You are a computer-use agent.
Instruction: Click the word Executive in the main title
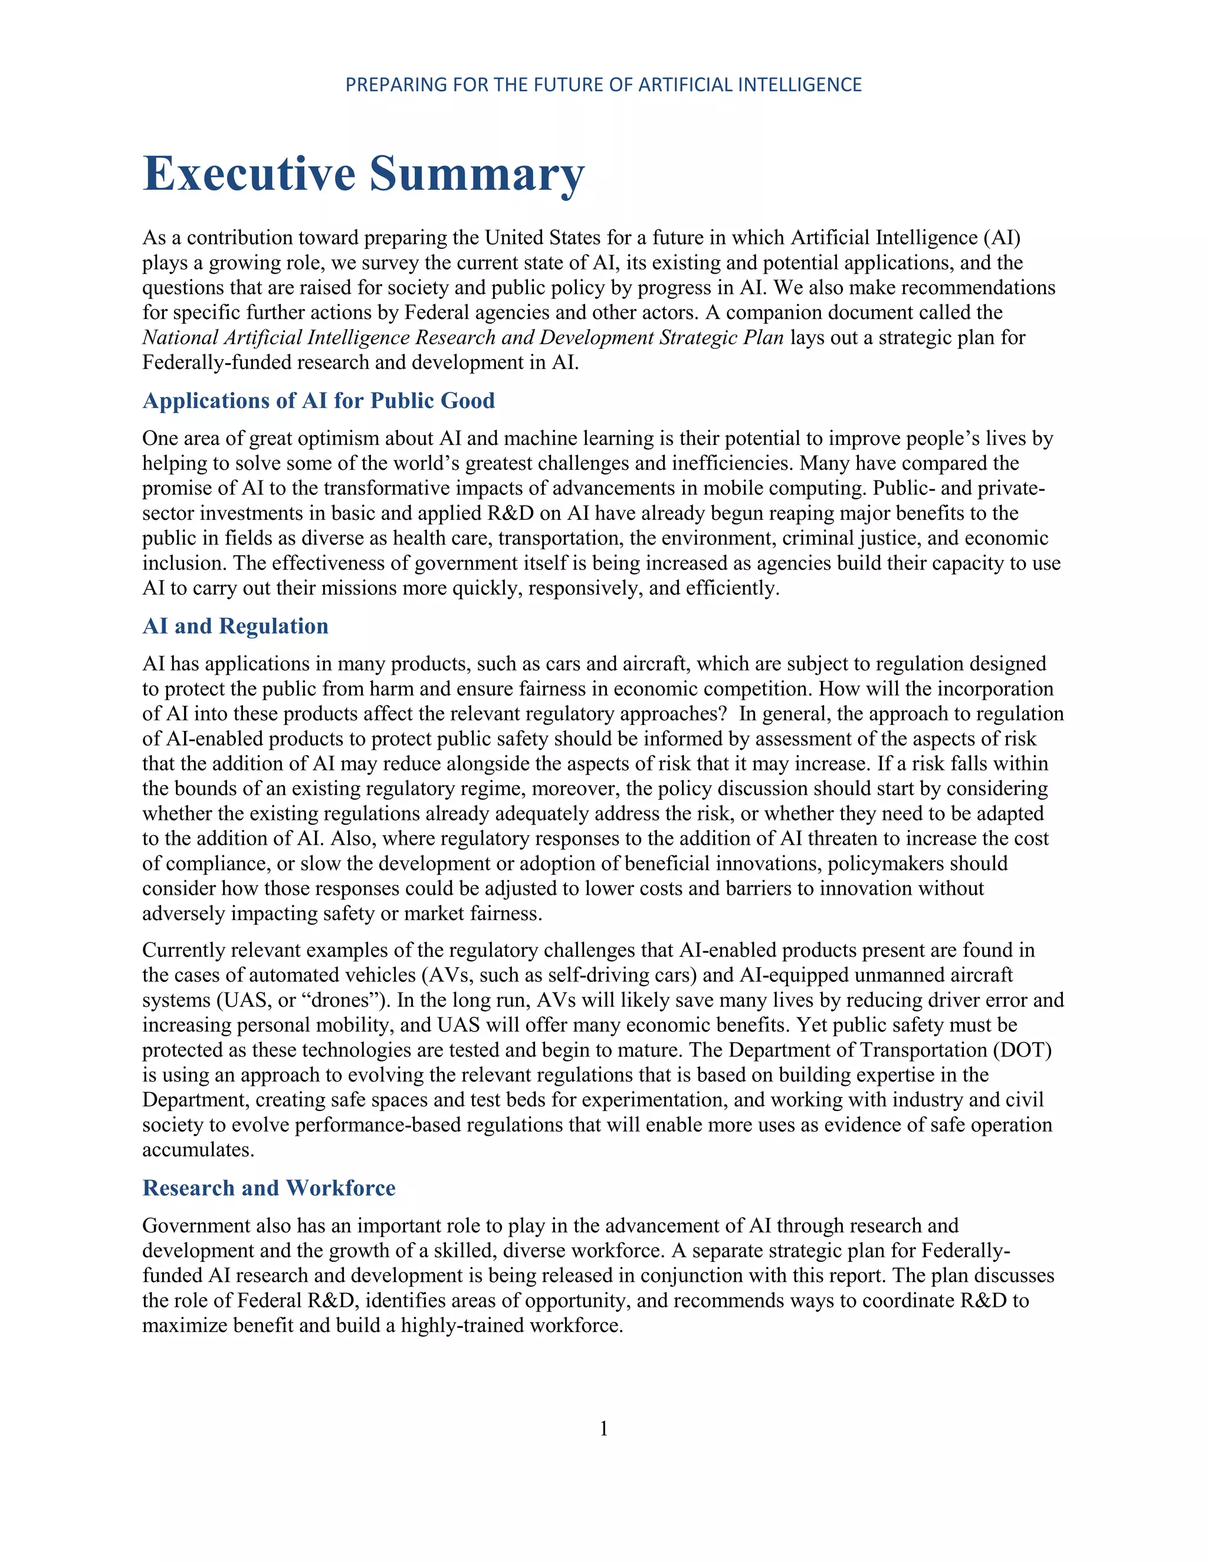coord(249,174)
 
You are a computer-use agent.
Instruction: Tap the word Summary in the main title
coord(477,174)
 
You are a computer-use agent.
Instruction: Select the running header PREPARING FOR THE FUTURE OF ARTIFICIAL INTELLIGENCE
coord(603,85)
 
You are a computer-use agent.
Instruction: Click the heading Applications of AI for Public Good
coord(319,400)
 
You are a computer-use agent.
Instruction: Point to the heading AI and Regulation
coord(235,626)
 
